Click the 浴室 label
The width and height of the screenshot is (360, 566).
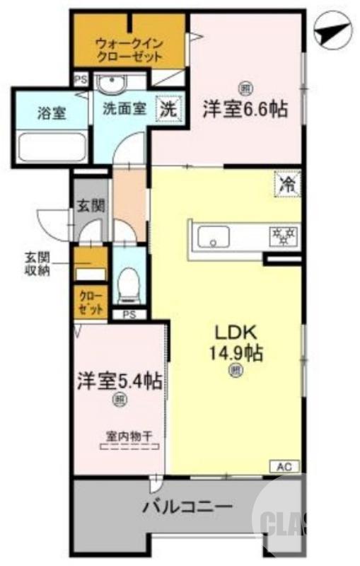50,112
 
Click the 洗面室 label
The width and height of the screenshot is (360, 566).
124,110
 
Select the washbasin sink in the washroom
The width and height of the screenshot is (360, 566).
110,85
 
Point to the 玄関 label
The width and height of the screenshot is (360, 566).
91,206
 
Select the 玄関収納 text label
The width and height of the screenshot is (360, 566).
35,265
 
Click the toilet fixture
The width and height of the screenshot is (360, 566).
128,279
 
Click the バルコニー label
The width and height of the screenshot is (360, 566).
187,507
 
